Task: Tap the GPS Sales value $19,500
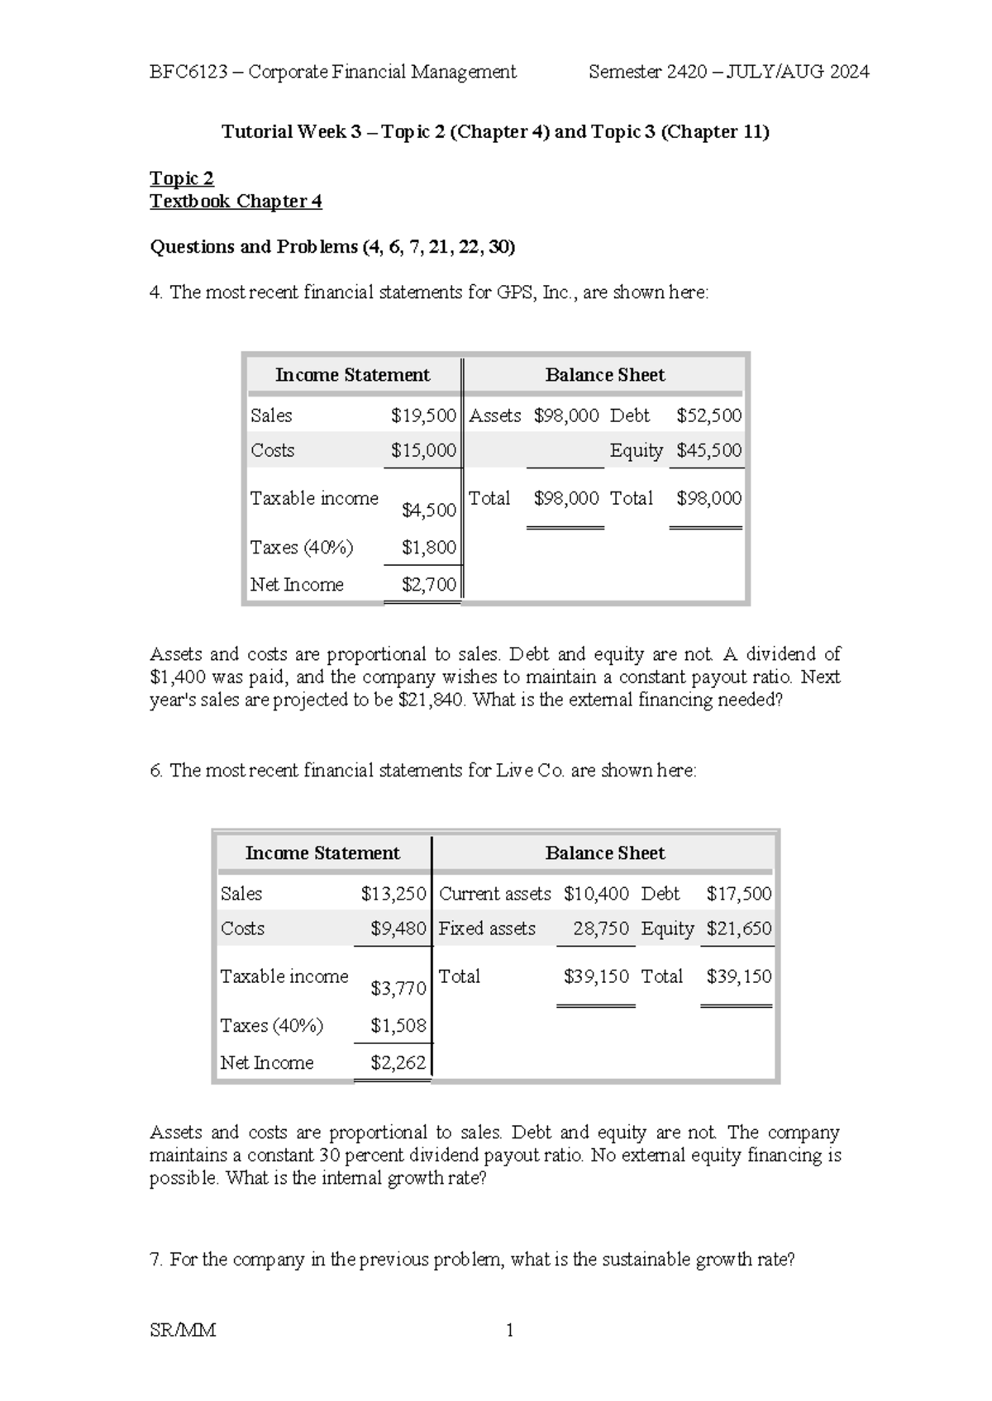423,416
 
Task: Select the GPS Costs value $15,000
423,450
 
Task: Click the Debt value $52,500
708,416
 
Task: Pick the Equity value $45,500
708,450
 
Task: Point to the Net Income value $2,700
428,585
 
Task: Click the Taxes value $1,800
428,547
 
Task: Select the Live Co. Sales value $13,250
393,894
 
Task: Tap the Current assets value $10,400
596,894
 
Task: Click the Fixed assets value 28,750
601,928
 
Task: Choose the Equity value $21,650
738,928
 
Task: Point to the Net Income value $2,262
398,1063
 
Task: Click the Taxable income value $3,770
398,988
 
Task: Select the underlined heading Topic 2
182,178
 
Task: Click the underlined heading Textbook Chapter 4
236,202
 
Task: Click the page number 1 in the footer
509,1330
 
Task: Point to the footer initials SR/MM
183,1330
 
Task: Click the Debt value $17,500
738,894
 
